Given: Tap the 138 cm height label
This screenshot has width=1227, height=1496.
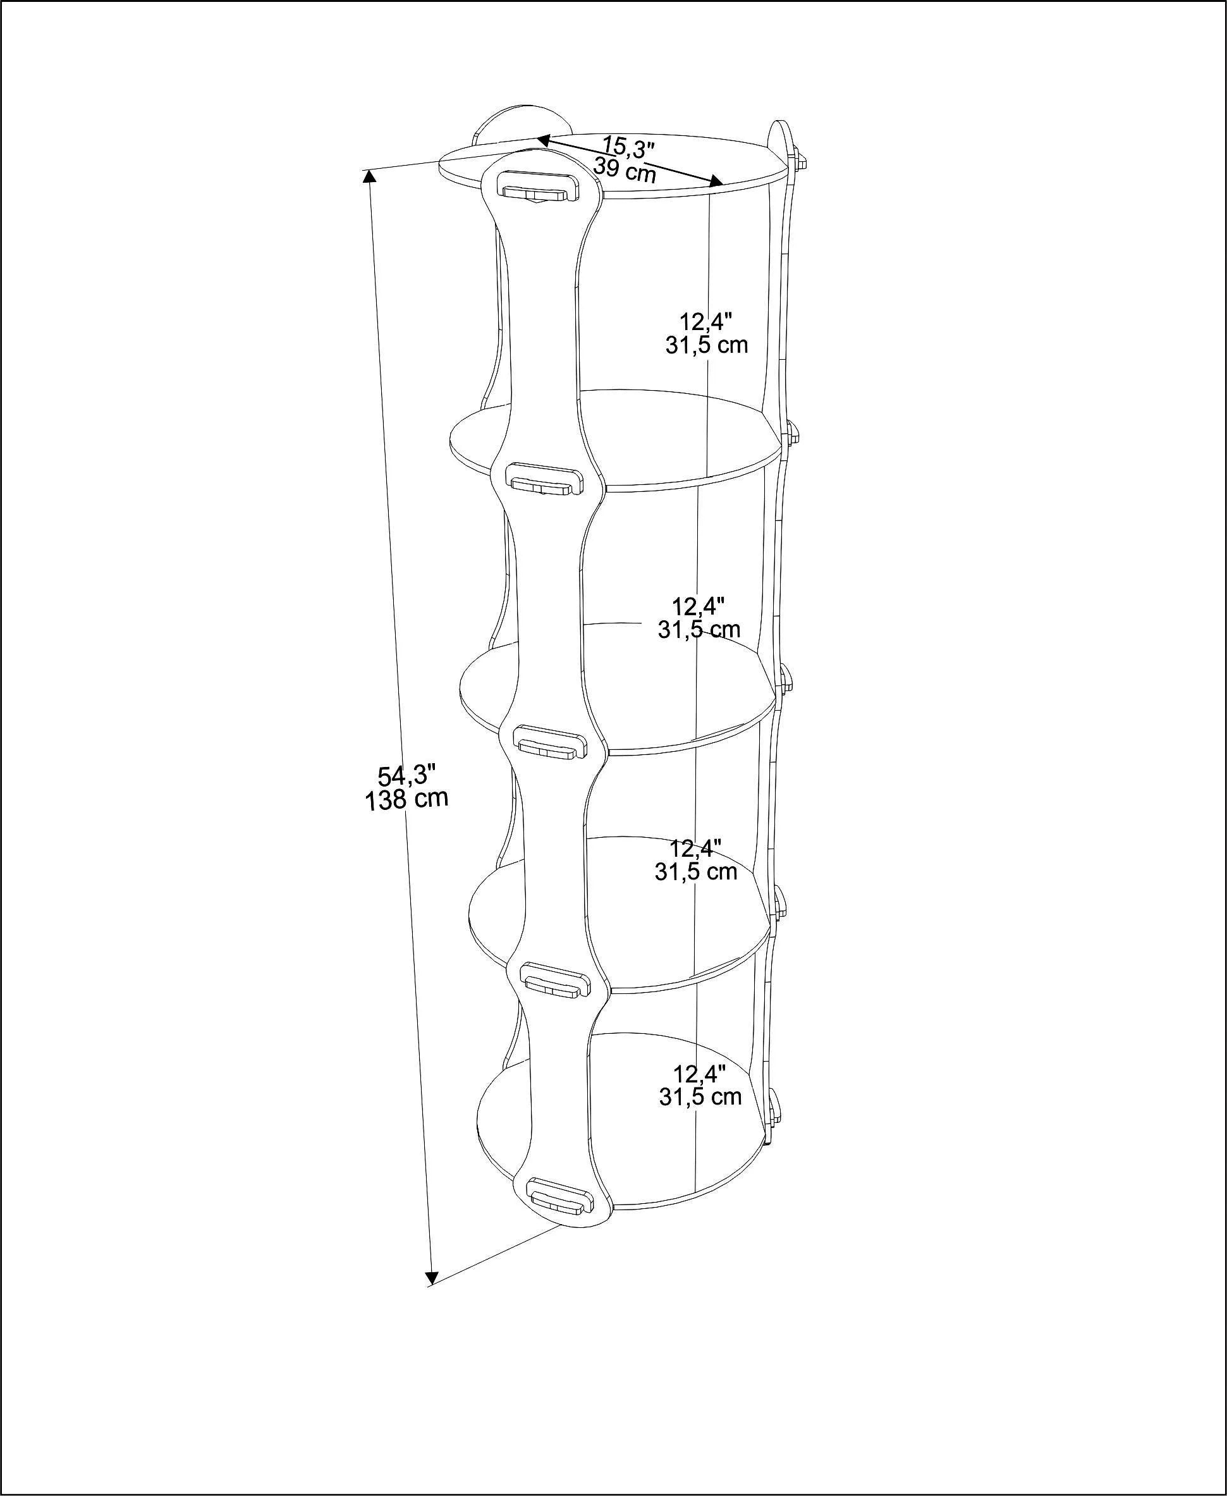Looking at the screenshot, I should point(406,800).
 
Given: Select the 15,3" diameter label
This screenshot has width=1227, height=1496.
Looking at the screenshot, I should point(628,146).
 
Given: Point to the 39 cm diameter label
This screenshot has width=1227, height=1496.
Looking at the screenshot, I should point(625,169).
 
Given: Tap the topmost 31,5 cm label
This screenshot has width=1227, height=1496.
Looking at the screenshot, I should point(706,345).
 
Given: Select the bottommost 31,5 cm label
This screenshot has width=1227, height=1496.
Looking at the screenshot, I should point(700,1096).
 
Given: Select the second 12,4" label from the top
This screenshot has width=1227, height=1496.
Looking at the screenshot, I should point(699,606).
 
